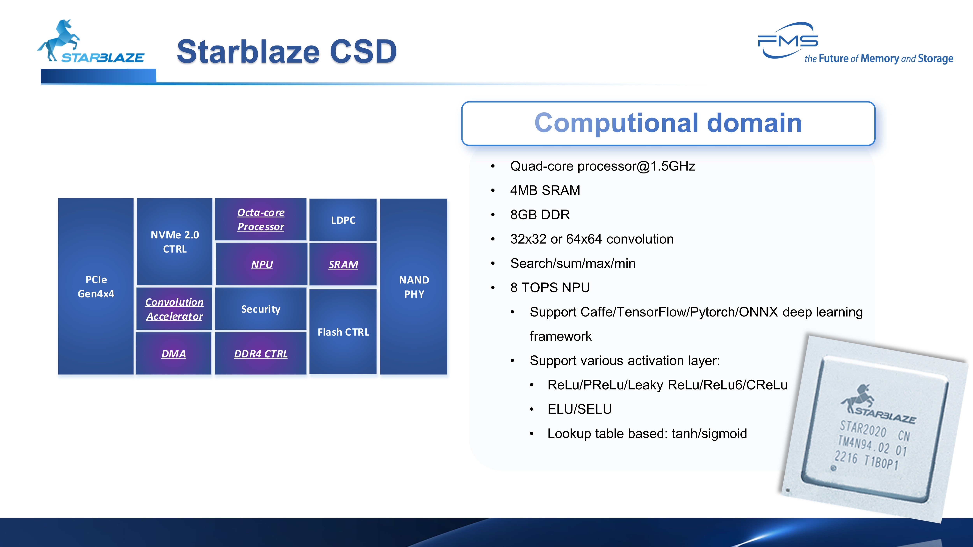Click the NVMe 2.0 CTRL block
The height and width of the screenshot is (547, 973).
pyautogui.click(x=175, y=242)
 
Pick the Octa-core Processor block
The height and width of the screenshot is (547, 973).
pyautogui.click(x=261, y=219)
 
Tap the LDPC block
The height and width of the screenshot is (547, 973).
pyautogui.click(x=343, y=220)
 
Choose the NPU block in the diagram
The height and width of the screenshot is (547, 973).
pyautogui.click(x=261, y=264)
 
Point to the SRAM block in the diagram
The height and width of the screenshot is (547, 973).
pyautogui.click(x=343, y=264)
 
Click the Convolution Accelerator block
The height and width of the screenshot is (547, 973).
pyautogui.click(x=174, y=309)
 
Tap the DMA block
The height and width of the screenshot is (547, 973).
pyautogui.click(x=173, y=354)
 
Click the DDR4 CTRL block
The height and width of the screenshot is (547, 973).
pyautogui.click(x=261, y=354)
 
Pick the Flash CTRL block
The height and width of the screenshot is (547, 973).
pyautogui.click(x=343, y=332)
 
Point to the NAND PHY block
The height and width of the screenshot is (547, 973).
pyautogui.click(x=414, y=287)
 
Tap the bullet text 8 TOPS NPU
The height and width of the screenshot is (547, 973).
pyautogui.click(x=550, y=288)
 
